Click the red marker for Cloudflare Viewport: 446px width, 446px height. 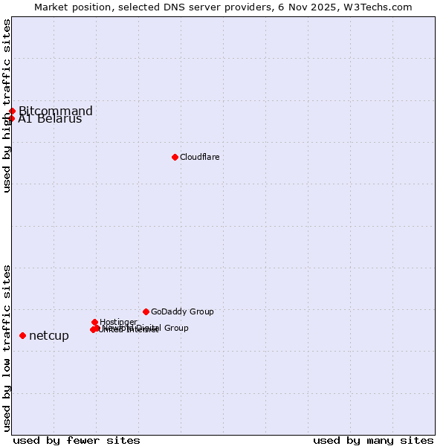[x=175, y=157]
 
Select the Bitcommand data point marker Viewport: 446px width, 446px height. [x=12, y=111]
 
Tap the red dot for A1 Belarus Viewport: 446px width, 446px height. [x=12, y=119]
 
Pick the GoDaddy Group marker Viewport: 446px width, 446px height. [x=146, y=311]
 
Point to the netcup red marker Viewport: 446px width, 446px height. [x=22, y=336]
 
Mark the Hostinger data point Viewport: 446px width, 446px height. [x=94, y=322]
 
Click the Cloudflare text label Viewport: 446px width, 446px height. [x=199, y=157]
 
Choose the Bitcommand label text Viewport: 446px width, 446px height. [x=56, y=111]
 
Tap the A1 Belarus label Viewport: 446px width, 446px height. [x=50, y=120]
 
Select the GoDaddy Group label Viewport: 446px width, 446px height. [x=182, y=311]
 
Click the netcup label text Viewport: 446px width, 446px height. [x=49, y=336]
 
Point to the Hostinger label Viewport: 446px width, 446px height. [x=118, y=322]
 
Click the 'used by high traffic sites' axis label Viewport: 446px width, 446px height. [x=7, y=106]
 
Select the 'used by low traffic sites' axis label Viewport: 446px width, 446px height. [x=7, y=348]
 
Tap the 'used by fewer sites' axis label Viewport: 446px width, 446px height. [x=77, y=440]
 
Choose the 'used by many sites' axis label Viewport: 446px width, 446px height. [x=373, y=440]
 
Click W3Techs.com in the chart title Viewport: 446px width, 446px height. [x=382, y=7]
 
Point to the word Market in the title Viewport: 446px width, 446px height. [x=51, y=7]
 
